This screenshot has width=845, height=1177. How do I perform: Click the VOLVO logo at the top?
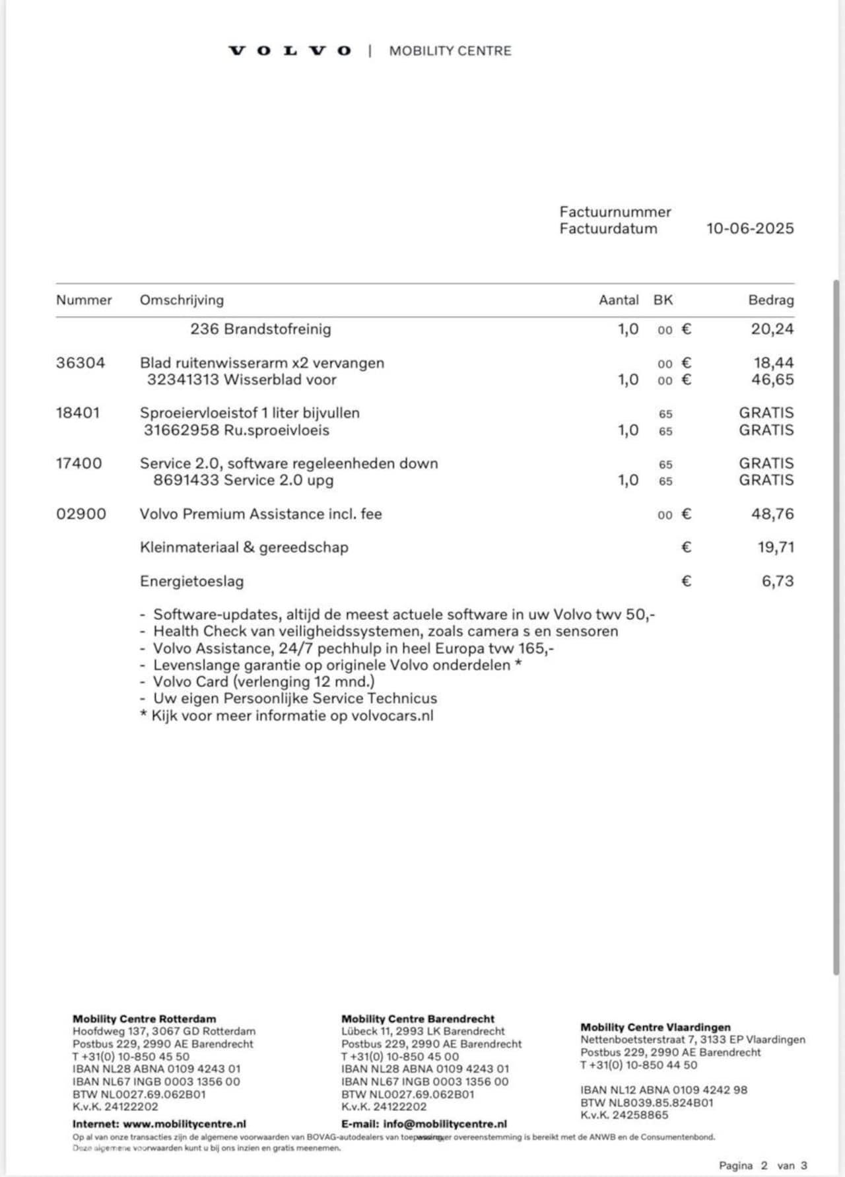(290, 51)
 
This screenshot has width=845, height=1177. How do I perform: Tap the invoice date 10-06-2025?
(750, 228)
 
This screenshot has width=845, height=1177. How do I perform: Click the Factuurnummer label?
(615, 212)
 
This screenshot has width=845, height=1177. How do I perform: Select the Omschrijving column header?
(182, 300)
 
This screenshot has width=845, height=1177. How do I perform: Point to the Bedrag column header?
(770, 300)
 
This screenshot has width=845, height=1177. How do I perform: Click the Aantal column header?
(619, 300)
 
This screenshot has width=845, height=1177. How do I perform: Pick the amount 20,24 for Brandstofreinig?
(772, 329)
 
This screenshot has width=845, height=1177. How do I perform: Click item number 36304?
(81, 363)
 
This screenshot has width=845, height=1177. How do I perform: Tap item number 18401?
(78, 413)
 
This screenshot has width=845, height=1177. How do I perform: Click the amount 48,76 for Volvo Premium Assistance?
(772, 514)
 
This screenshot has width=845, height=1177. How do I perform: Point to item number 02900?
(81, 514)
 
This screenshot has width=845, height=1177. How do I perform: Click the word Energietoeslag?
(191, 582)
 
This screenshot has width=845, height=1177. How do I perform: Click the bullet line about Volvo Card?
(263, 682)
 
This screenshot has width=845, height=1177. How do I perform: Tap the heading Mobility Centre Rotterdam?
(144, 1019)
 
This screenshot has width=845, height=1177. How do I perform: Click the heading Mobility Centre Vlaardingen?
(656, 1027)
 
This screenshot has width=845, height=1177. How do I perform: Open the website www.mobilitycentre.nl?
(184, 1124)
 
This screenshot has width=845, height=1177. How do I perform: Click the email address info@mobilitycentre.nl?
(444, 1124)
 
